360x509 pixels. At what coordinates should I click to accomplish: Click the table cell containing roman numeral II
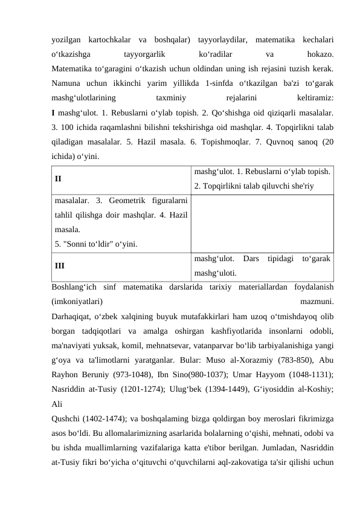click(121, 179)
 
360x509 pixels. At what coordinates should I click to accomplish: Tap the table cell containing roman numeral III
click(121, 265)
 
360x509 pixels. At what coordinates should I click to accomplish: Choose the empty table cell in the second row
click(263, 222)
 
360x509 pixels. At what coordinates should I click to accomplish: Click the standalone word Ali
click(56, 403)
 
